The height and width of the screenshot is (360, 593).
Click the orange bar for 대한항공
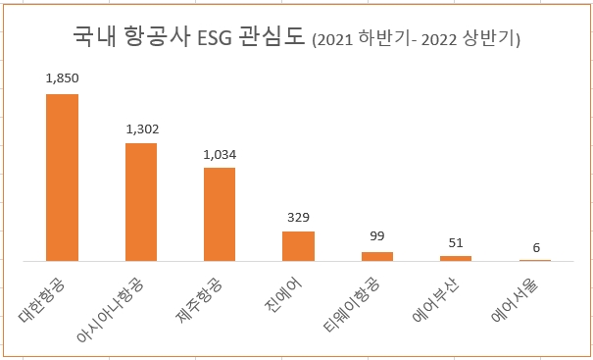(63, 178)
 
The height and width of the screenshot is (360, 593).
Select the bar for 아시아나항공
(141, 202)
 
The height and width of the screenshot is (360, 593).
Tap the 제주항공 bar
(220, 214)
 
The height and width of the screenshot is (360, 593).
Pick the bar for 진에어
(298, 246)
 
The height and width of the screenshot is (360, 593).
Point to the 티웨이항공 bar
(377, 256)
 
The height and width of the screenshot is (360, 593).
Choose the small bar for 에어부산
(456, 258)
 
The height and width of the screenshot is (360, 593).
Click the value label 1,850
(63, 77)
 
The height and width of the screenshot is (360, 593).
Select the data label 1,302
(141, 129)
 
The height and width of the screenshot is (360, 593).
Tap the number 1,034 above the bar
(220, 154)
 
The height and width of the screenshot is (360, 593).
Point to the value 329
(298, 217)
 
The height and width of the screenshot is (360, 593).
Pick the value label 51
(456, 242)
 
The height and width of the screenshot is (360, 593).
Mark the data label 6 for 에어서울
(534, 247)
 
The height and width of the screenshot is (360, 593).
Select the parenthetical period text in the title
(416, 39)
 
